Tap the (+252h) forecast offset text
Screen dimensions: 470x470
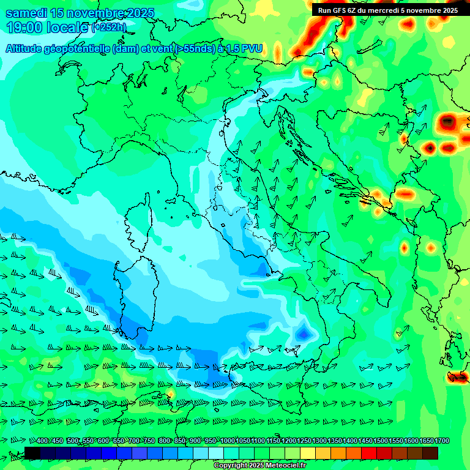point(109,27)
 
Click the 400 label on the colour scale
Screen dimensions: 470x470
point(42,441)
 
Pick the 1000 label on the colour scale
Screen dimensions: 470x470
point(228,441)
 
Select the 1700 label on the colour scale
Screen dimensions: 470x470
point(442,441)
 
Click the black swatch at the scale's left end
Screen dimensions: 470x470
point(32,453)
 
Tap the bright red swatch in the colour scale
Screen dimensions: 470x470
point(369,453)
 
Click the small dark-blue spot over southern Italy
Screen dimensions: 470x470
point(303,334)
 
